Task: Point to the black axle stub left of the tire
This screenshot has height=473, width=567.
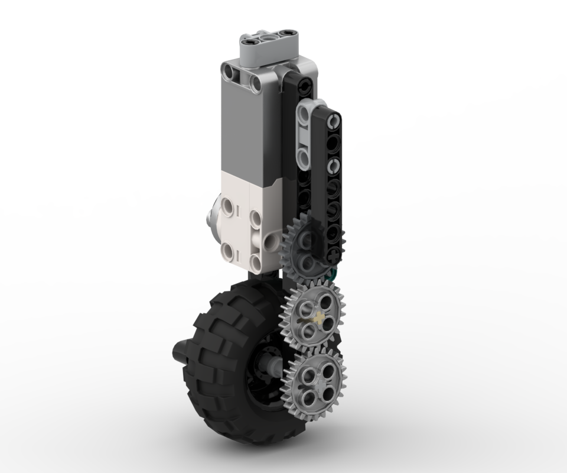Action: click(178, 352)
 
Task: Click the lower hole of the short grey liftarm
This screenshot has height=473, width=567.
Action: click(304, 155)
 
